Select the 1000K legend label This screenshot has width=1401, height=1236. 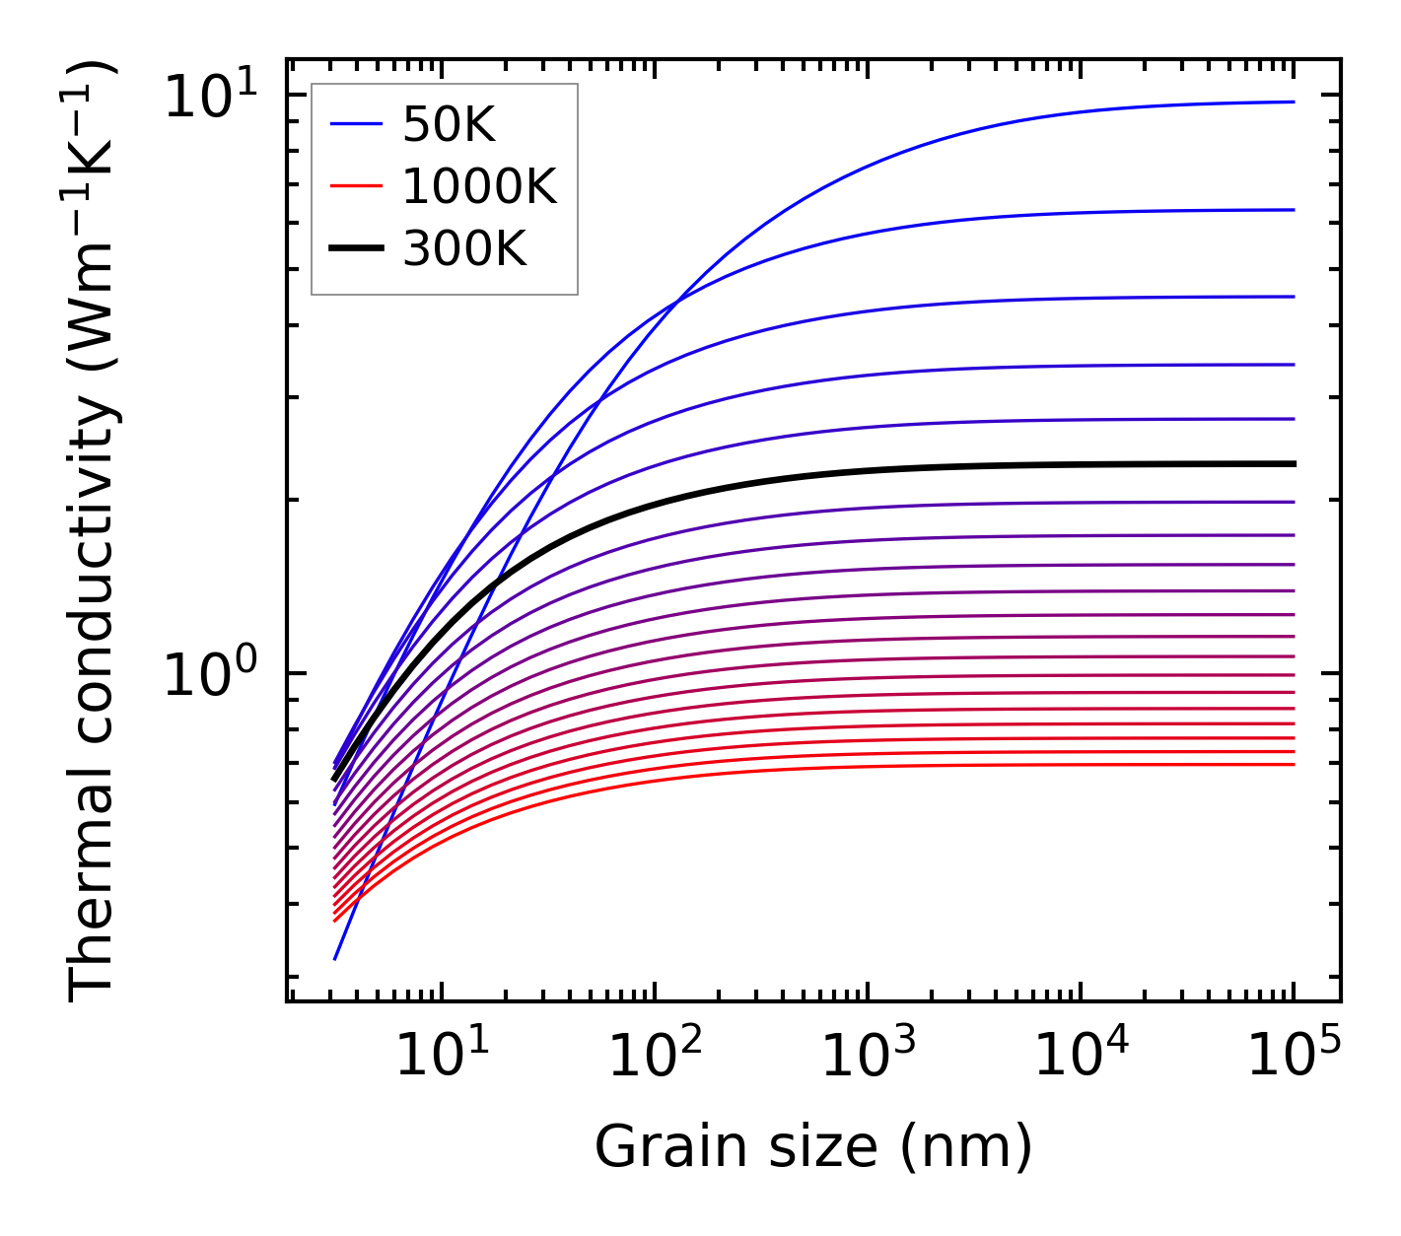[479, 186]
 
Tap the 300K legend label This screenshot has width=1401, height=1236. [464, 249]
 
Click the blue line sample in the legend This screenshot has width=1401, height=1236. [355, 124]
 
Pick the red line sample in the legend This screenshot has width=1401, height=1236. [355, 186]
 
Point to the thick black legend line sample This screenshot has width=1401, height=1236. [355, 249]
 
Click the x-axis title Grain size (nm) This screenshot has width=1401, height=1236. [813, 1147]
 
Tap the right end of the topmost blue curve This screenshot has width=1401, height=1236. [1293, 102]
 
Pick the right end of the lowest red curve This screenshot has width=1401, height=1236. [1293, 764]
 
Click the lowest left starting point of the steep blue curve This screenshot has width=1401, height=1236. [335, 958]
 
